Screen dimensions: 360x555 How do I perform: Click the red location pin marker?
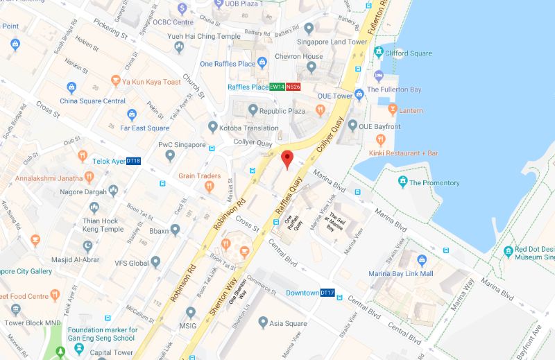click(287, 159)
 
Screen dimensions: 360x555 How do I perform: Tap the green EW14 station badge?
click(277, 87)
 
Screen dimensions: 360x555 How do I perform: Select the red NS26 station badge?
click(293, 87)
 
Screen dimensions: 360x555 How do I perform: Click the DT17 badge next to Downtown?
click(327, 293)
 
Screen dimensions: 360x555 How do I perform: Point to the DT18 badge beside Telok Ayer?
click(133, 161)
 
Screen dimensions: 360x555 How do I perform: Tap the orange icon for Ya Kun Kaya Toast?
click(115, 82)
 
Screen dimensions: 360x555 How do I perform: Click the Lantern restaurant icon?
click(393, 109)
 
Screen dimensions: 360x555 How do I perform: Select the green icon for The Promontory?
click(402, 182)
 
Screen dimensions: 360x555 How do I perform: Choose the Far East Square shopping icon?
click(132, 115)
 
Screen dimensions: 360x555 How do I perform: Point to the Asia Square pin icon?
click(263, 322)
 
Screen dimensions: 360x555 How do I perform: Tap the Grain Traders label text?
click(199, 175)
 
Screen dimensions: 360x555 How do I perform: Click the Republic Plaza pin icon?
click(253, 110)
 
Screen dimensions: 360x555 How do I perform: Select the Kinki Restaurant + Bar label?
click(404, 152)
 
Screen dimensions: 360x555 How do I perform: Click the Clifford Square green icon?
click(379, 53)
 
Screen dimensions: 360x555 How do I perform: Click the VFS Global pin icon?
click(156, 262)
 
